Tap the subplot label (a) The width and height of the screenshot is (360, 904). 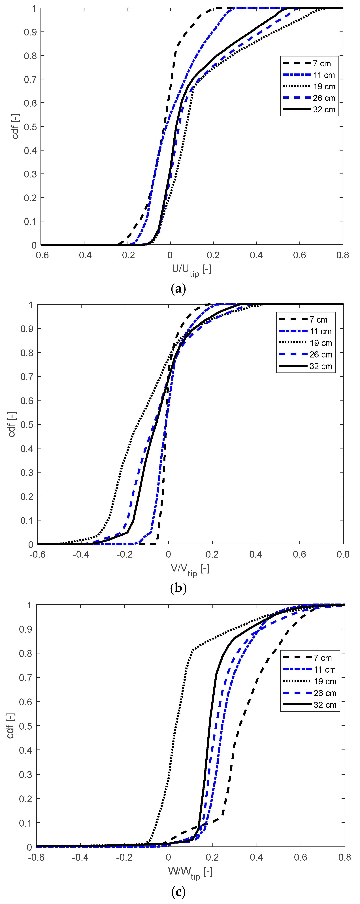click(x=178, y=289)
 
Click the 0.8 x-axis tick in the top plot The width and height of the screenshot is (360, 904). click(x=342, y=255)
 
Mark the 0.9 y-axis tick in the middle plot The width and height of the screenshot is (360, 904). click(x=26, y=329)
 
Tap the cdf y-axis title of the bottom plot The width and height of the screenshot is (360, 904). click(x=10, y=726)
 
